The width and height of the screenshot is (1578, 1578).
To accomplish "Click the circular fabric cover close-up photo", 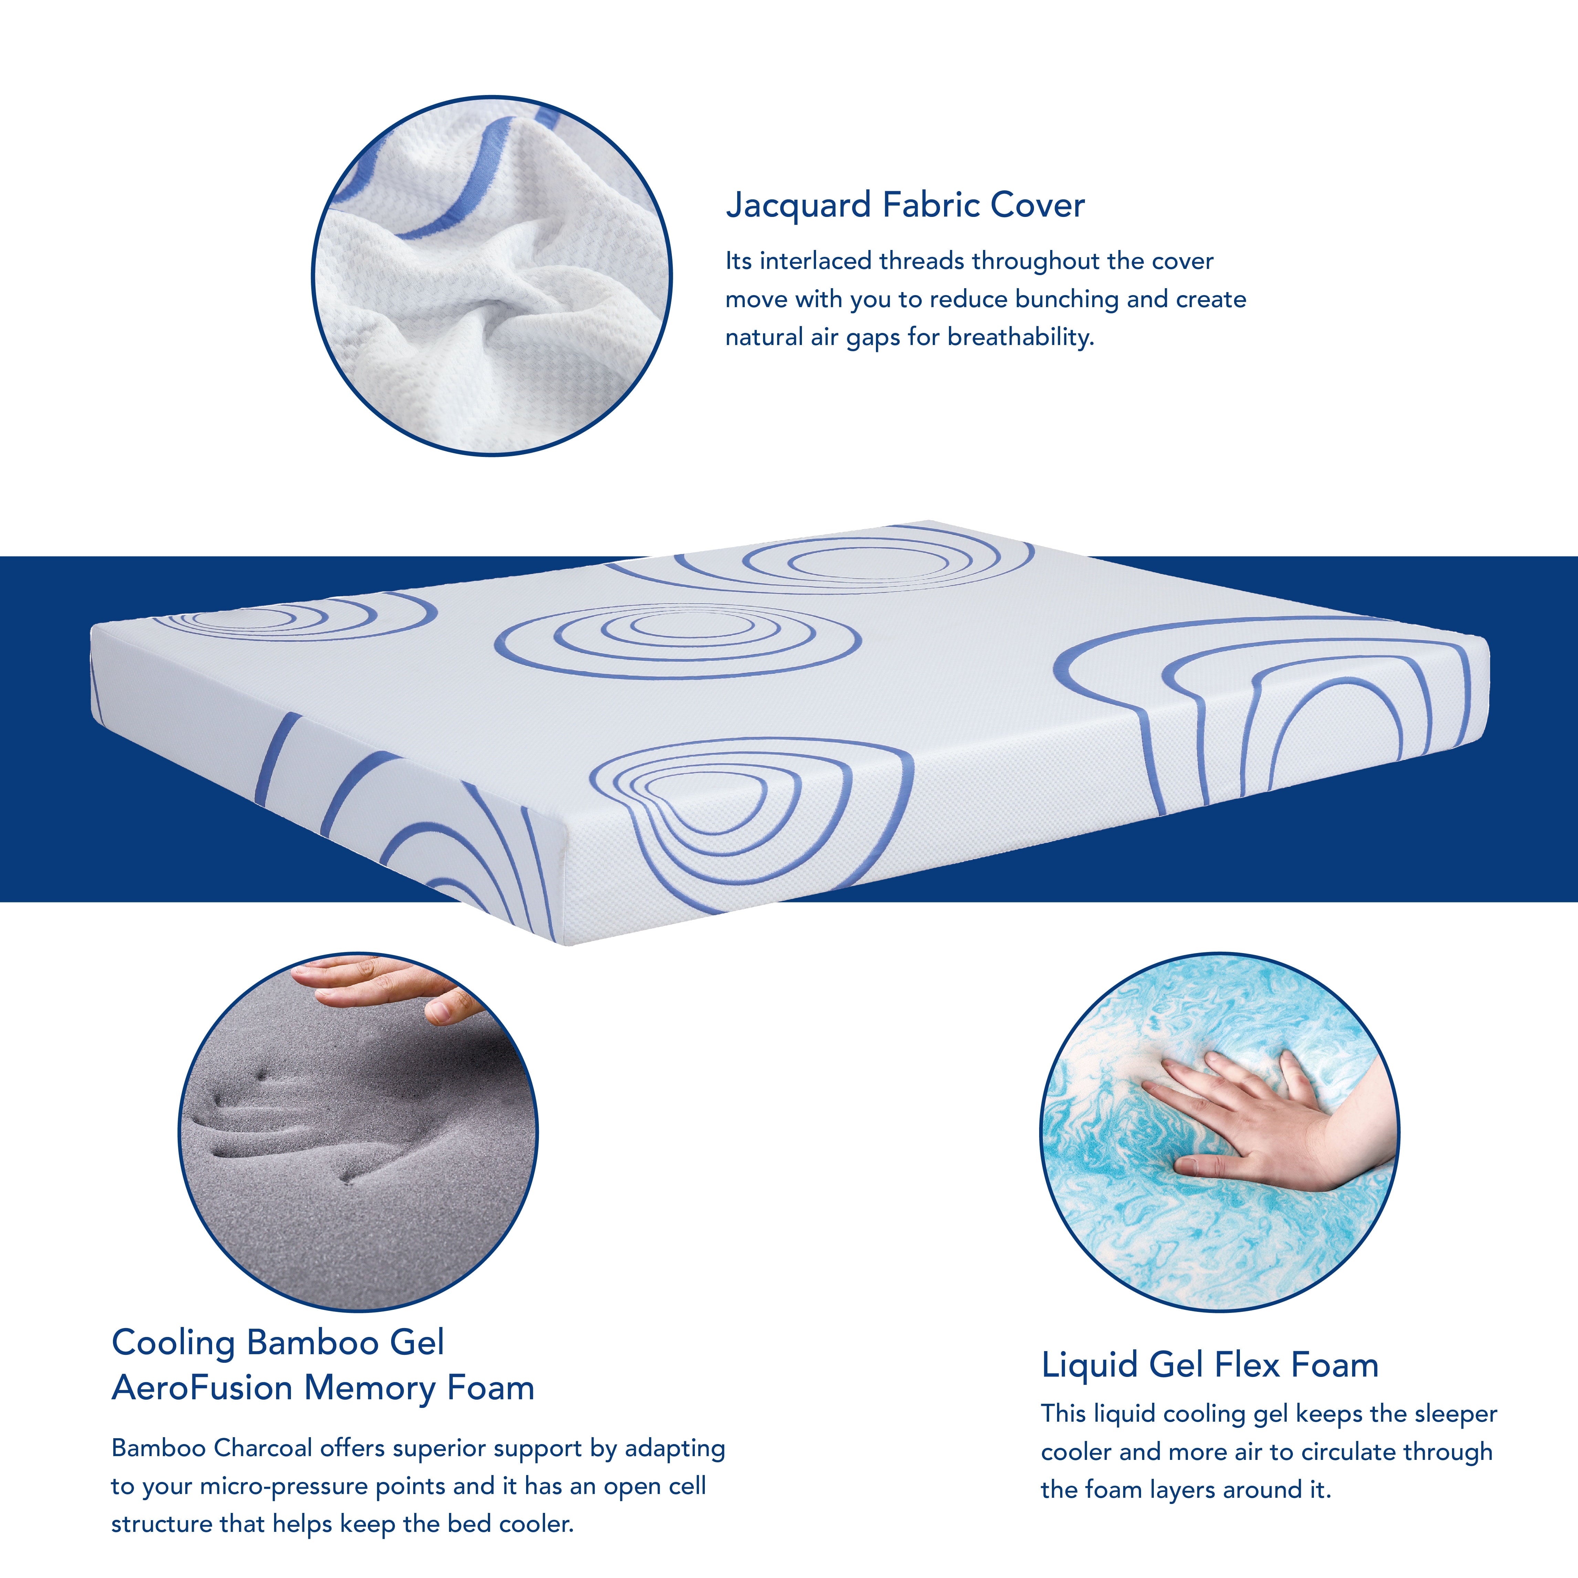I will pos(492,276).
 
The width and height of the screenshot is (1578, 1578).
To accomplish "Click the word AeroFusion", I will pos(202,1389).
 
